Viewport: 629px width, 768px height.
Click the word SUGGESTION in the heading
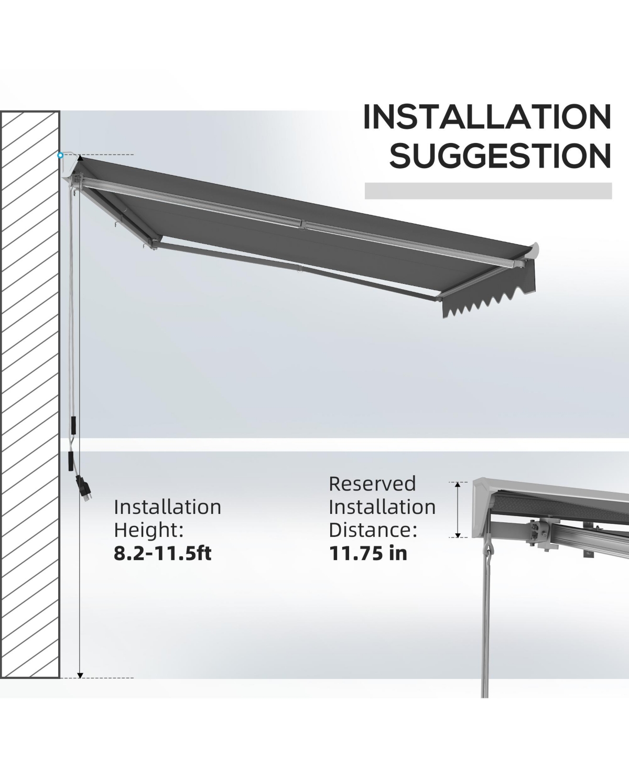[501, 156]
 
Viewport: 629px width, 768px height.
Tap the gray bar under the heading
[489, 191]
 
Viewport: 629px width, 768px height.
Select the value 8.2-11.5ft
[162, 553]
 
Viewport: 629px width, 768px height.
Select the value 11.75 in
[368, 553]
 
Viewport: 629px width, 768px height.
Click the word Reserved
[372, 484]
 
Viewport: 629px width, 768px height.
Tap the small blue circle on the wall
[60, 156]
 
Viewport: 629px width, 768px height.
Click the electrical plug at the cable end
[84, 488]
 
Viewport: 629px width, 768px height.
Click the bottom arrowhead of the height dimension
[81, 675]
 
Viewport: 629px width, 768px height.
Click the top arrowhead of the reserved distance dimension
[458, 485]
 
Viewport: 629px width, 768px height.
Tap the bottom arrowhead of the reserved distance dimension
[458, 534]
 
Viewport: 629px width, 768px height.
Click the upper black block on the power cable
[73, 425]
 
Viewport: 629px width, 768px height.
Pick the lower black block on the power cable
[71, 461]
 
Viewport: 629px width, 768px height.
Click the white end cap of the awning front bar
[534, 251]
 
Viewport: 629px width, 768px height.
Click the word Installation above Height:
[168, 507]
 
